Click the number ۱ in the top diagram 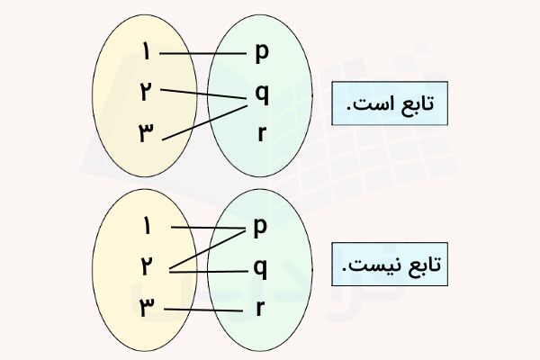click(146, 53)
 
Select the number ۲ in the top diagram click(146, 91)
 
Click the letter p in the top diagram click(262, 53)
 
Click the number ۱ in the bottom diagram click(146, 227)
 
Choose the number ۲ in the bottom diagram click(146, 266)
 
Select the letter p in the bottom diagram click(261, 227)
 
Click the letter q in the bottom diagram click(261, 267)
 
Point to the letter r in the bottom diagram click(261, 309)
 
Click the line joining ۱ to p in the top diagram click(203, 53)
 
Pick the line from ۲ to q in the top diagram click(205, 92)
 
